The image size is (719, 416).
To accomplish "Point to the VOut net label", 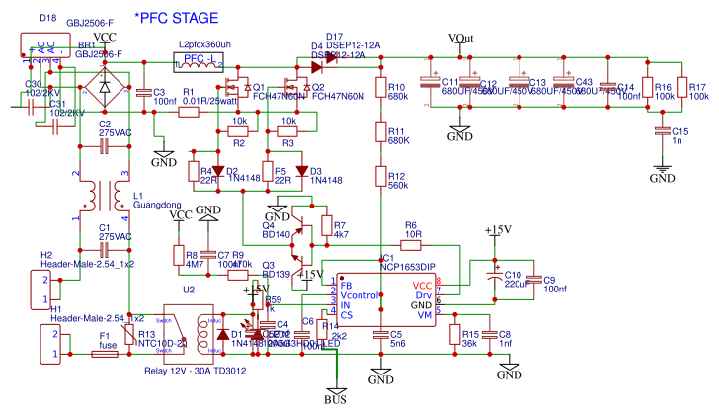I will [460, 38].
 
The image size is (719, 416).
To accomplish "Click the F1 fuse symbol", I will [105, 353].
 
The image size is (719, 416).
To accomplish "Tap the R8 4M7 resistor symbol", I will [179, 258].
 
